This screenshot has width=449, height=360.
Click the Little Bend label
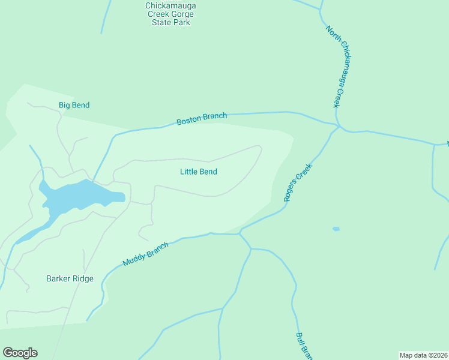point(198,172)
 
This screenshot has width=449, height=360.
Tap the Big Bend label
point(74,106)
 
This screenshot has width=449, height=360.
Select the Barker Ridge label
point(70,278)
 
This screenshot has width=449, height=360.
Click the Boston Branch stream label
point(202,119)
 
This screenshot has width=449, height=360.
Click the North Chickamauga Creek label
point(337,66)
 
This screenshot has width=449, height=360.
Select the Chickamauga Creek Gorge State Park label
point(170,14)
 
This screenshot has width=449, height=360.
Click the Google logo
point(20,353)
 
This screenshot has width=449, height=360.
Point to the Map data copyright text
point(423,355)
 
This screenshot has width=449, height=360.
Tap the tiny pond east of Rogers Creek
point(336,229)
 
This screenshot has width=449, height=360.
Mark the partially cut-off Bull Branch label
point(304,346)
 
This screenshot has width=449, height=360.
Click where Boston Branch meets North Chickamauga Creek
point(338,125)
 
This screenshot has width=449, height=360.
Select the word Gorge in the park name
point(182,14)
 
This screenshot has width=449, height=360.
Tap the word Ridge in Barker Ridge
point(82,278)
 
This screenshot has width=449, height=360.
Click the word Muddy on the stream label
point(134,259)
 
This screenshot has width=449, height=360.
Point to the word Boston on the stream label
point(188,121)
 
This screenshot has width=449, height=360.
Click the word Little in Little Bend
point(190,172)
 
